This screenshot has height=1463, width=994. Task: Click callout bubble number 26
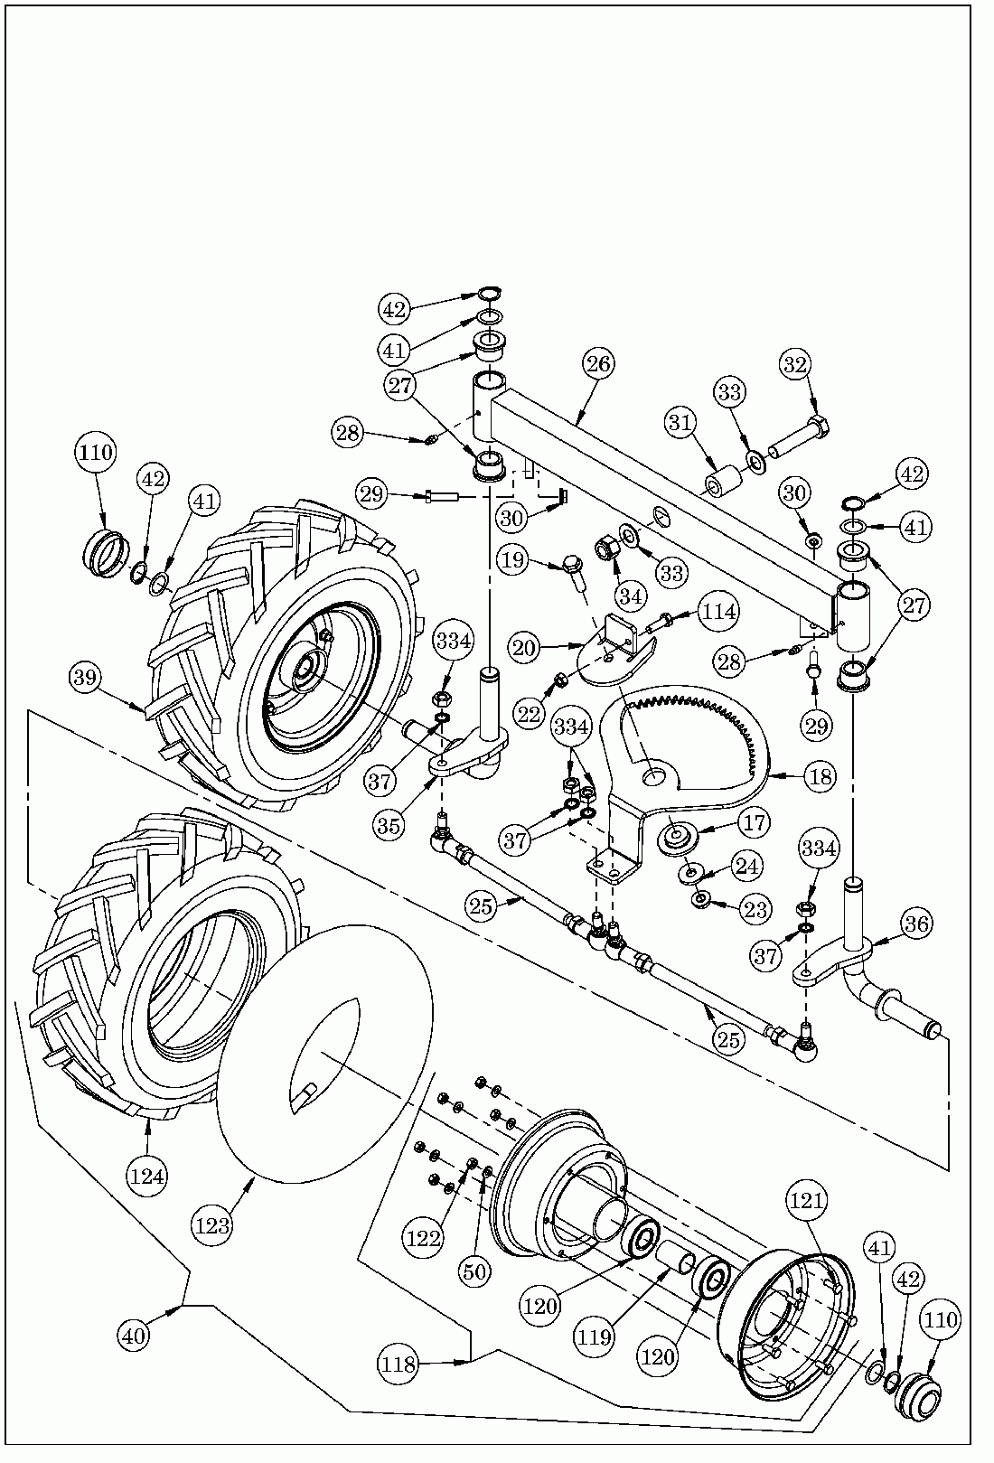(599, 364)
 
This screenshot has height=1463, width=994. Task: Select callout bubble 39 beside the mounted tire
(87, 678)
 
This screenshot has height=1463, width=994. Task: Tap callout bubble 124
(147, 1176)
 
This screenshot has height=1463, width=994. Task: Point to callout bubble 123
(211, 1225)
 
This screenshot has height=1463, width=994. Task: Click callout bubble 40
(134, 1334)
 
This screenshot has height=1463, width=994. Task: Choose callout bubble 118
(399, 1364)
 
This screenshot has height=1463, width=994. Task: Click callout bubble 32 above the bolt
(794, 365)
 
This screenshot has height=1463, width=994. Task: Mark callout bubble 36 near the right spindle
(915, 923)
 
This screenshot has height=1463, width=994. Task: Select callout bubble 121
(807, 1200)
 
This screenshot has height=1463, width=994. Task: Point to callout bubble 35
(389, 825)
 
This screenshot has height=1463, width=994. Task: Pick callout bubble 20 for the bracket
(524, 647)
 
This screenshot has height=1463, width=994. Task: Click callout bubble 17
(755, 822)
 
